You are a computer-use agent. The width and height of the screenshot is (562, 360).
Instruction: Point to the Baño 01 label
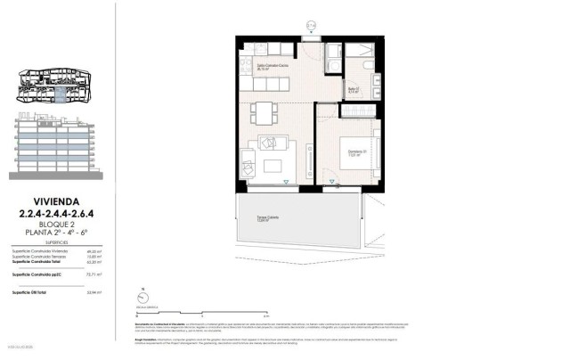pyautogui.click(x=352, y=89)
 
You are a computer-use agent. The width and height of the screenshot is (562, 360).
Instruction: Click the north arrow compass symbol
pyautogui.click(x=143, y=299)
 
